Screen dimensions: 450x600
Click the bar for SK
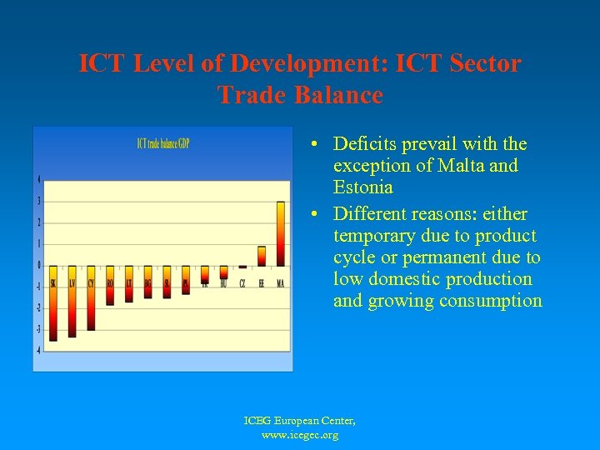coord(53,304)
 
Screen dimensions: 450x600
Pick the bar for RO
coord(110,286)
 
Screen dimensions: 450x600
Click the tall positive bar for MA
coord(281,233)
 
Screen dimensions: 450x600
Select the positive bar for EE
coord(262,256)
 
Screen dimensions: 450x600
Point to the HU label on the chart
coord(223,284)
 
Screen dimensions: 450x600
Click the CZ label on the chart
coord(242,284)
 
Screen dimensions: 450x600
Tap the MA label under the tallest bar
coord(281,284)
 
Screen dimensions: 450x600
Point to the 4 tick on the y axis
coord(38,179)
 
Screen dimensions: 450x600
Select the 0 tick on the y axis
coord(38,265)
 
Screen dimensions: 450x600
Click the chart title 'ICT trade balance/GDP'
coord(163,143)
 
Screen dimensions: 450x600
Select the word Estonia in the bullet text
coord(363,187)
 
